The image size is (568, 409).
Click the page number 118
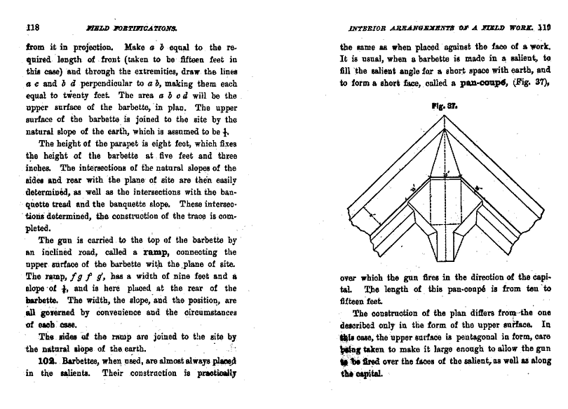31,28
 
